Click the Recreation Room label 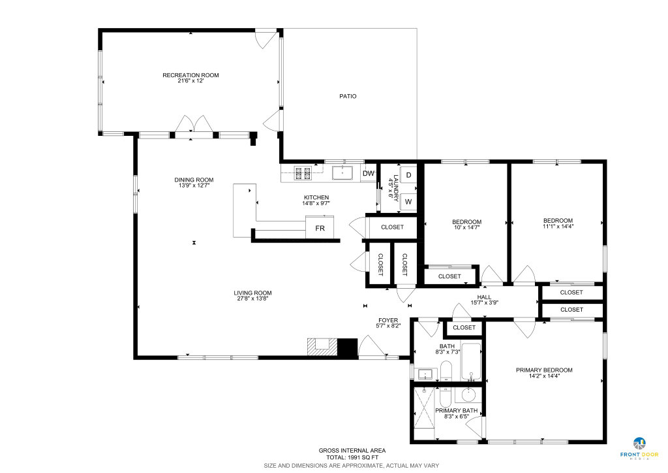point(190,75)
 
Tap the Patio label point(348,97)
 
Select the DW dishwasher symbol point(368,174)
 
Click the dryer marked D point(408,175)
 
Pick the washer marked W point(408,202)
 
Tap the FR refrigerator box point(320,228)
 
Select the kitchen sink point(342,173)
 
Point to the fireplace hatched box point(322,347)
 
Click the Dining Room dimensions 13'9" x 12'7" point(194,186)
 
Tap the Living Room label point(252,293)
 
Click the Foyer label point(388,320)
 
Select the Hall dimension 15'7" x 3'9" point(485,303)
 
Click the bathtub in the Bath point(471,362)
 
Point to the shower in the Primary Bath point(424,407)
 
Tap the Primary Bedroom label point(544,370)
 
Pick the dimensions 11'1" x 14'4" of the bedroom point(558,227)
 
